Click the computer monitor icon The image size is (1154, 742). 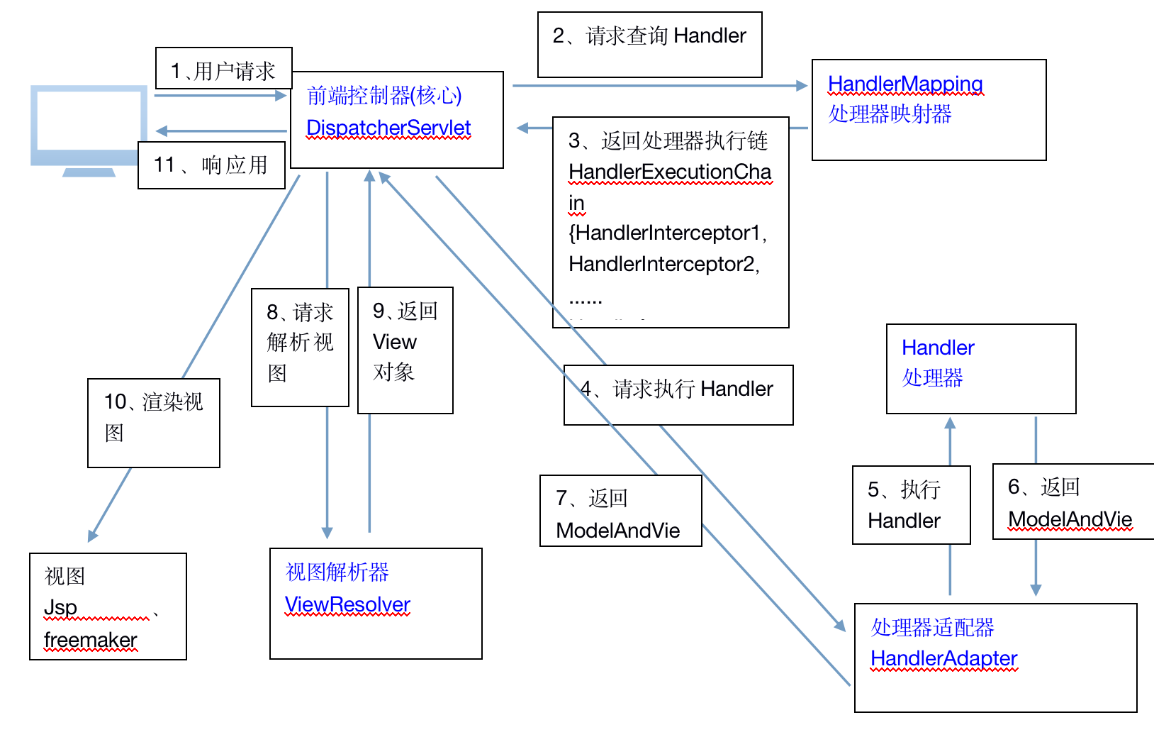(x=89, y=128)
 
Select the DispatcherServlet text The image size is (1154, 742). (x=388, y=128)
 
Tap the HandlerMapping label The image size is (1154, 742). (x=904, y=84)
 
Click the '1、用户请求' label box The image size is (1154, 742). (x=223, y=69)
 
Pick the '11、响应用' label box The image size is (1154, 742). (x=211, y=165)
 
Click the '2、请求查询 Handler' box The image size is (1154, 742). (x=649, y=44)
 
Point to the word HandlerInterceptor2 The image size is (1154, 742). (x=663, y=264)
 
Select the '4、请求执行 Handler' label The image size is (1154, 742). (x=678, y=395)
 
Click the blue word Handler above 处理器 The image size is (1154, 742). (x=937, y=348)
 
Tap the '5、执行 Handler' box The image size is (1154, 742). (x=911, y=505)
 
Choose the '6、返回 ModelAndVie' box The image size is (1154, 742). (x=1072, y=502)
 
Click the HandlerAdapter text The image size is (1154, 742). (x=943, y=659)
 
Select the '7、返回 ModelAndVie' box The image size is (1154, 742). (x=620, y=511)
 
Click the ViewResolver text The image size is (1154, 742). (x=347, y=605)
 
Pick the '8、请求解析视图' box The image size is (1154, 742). (x=300, y=347)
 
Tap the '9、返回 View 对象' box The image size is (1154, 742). (x=405, y=350)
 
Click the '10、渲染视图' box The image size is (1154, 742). (x=153, y=423)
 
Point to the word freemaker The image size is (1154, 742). (x=90, y=640)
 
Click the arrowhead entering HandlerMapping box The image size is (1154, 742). (x=802, y=86)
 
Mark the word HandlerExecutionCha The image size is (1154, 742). (x=669, y=172)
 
